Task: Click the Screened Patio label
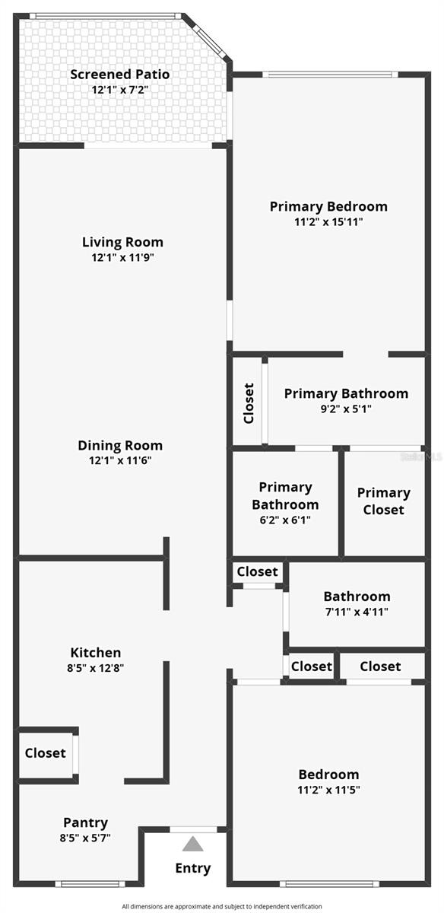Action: click(120, 75)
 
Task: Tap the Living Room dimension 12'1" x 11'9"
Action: click(123, 257)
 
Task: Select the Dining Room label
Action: click(120, 446)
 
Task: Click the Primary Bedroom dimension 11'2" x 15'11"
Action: click(328, 222)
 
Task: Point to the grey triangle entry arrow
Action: click(193, 844)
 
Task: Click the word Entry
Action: click(193, 868)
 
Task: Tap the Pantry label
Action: click(85, 822)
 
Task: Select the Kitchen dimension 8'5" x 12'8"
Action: click(96, 668)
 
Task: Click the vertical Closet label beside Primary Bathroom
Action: click(249, 403)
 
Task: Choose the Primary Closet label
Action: click(383, 501)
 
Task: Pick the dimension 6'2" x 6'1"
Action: click(285, 520)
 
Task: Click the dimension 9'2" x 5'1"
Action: click(346, 409)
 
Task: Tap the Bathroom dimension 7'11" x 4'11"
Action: click(357, 612)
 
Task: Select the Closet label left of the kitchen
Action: click(46, 753)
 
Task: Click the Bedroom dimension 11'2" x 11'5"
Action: click(328, 790)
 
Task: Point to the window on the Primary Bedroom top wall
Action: click(329, 74)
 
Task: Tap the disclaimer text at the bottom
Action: click(222, 906)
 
